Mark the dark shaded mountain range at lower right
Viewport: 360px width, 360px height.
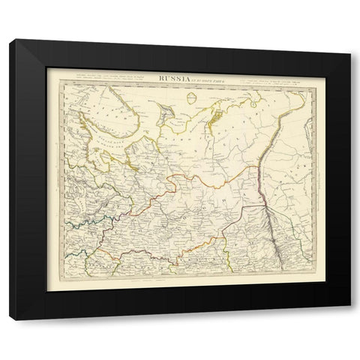(x=274, y=232)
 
